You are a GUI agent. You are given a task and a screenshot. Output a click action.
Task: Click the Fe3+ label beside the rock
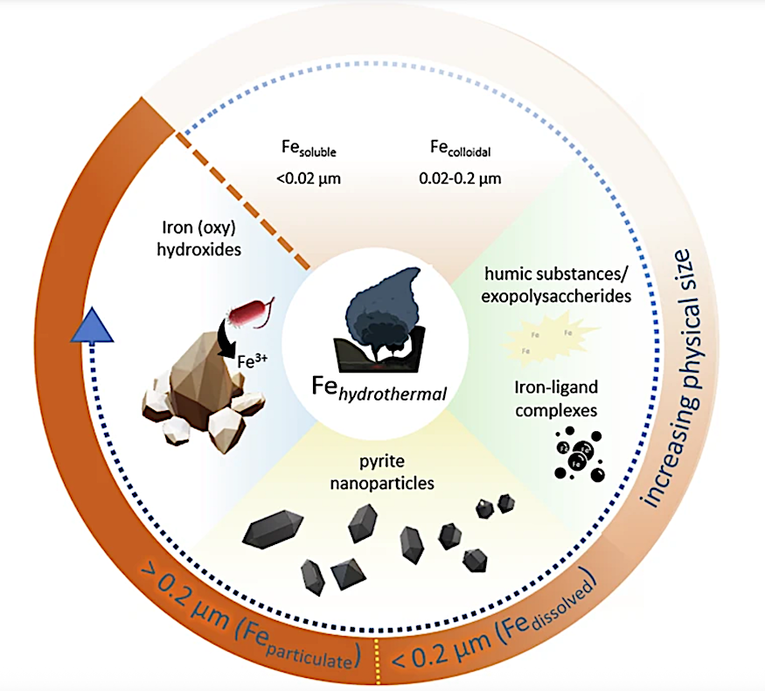click(254, 360)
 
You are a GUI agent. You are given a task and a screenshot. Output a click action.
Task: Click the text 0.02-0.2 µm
click(452, 181)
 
